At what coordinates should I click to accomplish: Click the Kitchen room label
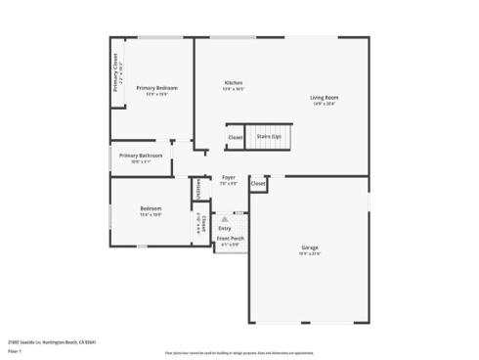[234, 83]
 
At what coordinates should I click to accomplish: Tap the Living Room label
[325, 98]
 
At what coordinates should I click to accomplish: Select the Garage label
[309, 247]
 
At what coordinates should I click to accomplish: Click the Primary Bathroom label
[141, 156]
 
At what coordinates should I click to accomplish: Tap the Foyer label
[228, 177]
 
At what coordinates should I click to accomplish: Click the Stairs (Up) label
[269, 137]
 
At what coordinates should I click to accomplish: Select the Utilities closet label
[198, 187]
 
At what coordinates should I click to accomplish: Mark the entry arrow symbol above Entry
[225, 218]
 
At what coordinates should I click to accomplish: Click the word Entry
[225, 228]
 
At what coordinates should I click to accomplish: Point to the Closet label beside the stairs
[236, 137]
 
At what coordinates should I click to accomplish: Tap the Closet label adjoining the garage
[258, 183]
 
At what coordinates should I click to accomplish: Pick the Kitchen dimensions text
[234, 89]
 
